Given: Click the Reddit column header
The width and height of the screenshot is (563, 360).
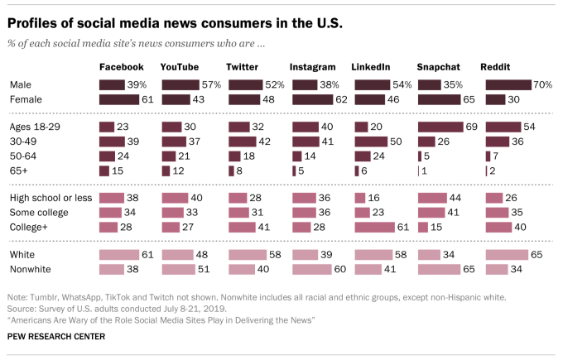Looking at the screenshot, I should [497, 66].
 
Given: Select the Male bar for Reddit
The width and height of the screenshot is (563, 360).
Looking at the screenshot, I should [507, 84].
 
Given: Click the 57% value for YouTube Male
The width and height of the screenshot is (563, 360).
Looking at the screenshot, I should [211, 84].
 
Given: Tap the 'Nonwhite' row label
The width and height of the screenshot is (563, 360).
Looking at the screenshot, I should [31, 270].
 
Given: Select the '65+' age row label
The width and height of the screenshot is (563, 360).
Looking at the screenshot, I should [19, 170].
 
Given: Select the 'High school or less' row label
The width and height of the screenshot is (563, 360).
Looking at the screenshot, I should [51, 199].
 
